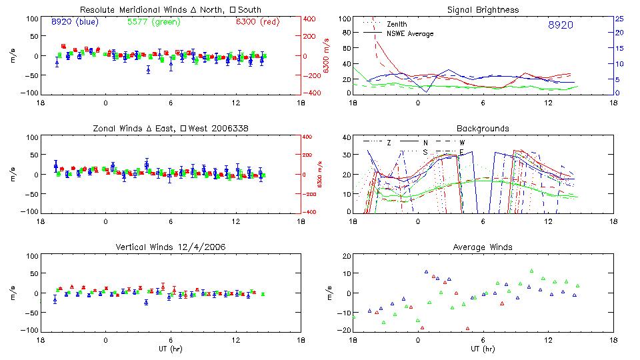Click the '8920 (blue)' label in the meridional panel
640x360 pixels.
[x=75, y=21]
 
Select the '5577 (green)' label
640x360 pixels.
[x=153, y=21]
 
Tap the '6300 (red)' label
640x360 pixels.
[x=257, y=21]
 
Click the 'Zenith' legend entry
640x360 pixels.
[x=397, y=24]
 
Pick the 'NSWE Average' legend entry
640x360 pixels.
[x=410, y=33]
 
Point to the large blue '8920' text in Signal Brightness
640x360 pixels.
[x=560, y=25]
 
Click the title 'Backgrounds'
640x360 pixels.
[x=483, y=128]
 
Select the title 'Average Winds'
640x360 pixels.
[x=483, y=247]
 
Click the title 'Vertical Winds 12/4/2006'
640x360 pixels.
[x=171, y=247]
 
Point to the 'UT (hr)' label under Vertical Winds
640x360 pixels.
[x=171, y=349]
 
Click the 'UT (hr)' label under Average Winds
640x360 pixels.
[x=483, y=349]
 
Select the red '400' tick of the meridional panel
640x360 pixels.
[x=311, y=18]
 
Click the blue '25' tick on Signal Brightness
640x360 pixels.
[x=619, y=18]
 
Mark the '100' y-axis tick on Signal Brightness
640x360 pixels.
[x=343, y=18]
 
